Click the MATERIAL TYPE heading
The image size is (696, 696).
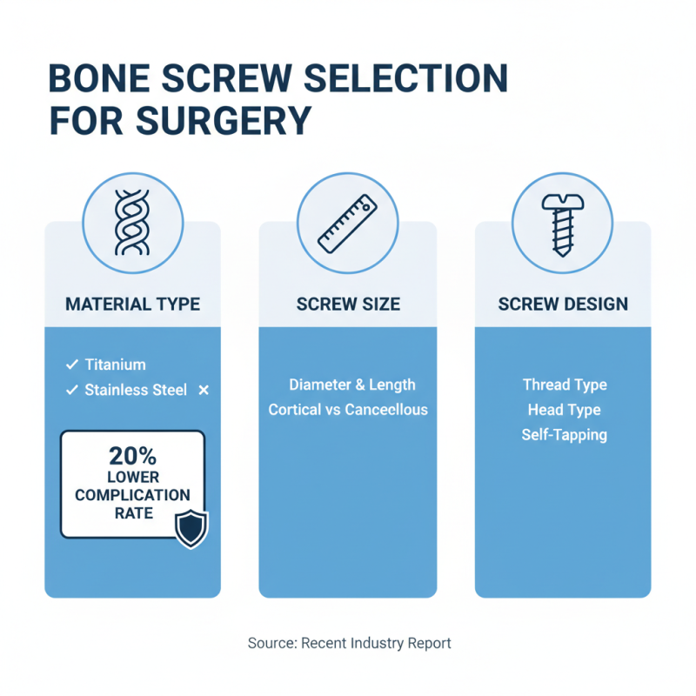(132, 304)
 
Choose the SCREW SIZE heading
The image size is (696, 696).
(348, 304)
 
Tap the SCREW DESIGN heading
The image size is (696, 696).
(563, 304)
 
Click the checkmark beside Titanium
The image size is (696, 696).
(71, 365)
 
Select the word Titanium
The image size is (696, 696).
(116, 365)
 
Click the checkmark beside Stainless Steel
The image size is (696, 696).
(71, 391)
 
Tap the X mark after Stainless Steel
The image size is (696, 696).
(204, 391)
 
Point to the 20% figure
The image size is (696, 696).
(132, 455)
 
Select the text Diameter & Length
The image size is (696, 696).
(352, 385)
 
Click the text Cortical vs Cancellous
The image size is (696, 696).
(348, 409)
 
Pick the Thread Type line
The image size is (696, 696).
(565, 385)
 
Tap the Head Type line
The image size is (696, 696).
(564, 410)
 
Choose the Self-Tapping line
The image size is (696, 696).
(565, 434)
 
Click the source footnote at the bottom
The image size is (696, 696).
(350, 644)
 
